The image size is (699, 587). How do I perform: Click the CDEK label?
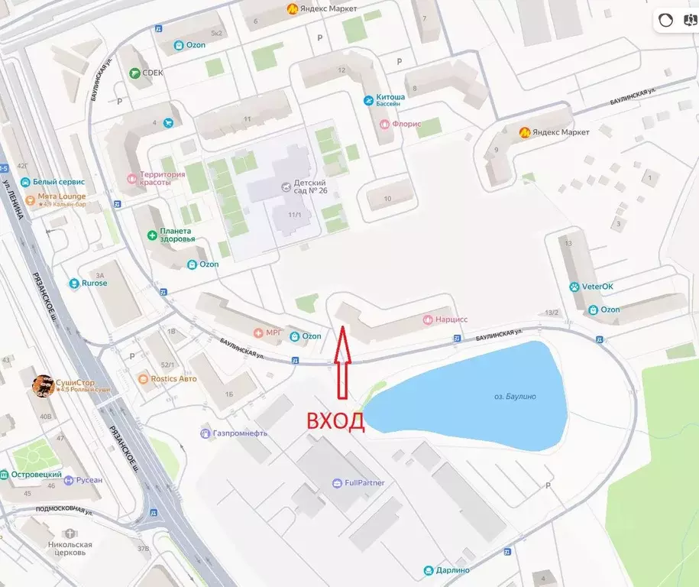pyautogui.click(x=153, y=73)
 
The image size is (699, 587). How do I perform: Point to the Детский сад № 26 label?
pyautogui.click(x=310, y=187)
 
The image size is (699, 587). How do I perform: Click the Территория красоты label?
pyautogui.click(x=162, y=178)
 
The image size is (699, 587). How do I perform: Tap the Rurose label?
pyautogui.click(x=94, y=283)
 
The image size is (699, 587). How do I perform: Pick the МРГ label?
pyautogui.click(x=273, y=333)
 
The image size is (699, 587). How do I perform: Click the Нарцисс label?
pyautogui.click(x=451, y=319)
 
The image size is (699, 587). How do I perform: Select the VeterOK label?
pyautogui.click(x=597, y=287)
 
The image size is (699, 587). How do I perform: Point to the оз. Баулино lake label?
pyautogui.click(x=509, y=396)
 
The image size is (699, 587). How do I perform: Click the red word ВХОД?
pyautogui.click(x=335, y=422)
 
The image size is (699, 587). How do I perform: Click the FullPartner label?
pyautogui.click(x=364, y=483)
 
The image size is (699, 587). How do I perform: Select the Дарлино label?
pyautogui.click(x=453, y=570)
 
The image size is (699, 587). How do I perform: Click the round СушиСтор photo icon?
pyautogui.click(x=42, y=386)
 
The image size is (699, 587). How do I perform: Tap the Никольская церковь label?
pyautogui.click(x=70, y=550)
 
